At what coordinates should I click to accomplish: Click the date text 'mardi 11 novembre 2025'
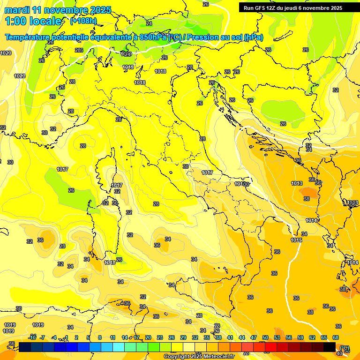[x=58, y=10]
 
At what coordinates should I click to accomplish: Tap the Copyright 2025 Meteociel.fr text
[x=199, y=356]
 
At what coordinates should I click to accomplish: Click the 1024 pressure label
[x=125, y=54]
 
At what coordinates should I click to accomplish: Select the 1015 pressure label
[x=296, y=240]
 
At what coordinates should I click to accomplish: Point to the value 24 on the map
[x=149, y=23]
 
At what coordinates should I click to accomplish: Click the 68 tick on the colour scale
[x=336, y=337]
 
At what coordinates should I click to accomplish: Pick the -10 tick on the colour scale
[x=32, y=337]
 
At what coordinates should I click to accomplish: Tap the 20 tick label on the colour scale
[x=148, y=337]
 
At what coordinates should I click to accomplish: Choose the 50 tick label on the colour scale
[x=265, y=337]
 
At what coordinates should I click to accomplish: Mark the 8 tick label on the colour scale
[x=100, y=337]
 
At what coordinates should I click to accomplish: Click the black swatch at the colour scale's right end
[x=330, y=346]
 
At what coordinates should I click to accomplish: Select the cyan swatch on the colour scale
[x=119, y=346]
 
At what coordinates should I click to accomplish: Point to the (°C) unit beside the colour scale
[x=345, y=348]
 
